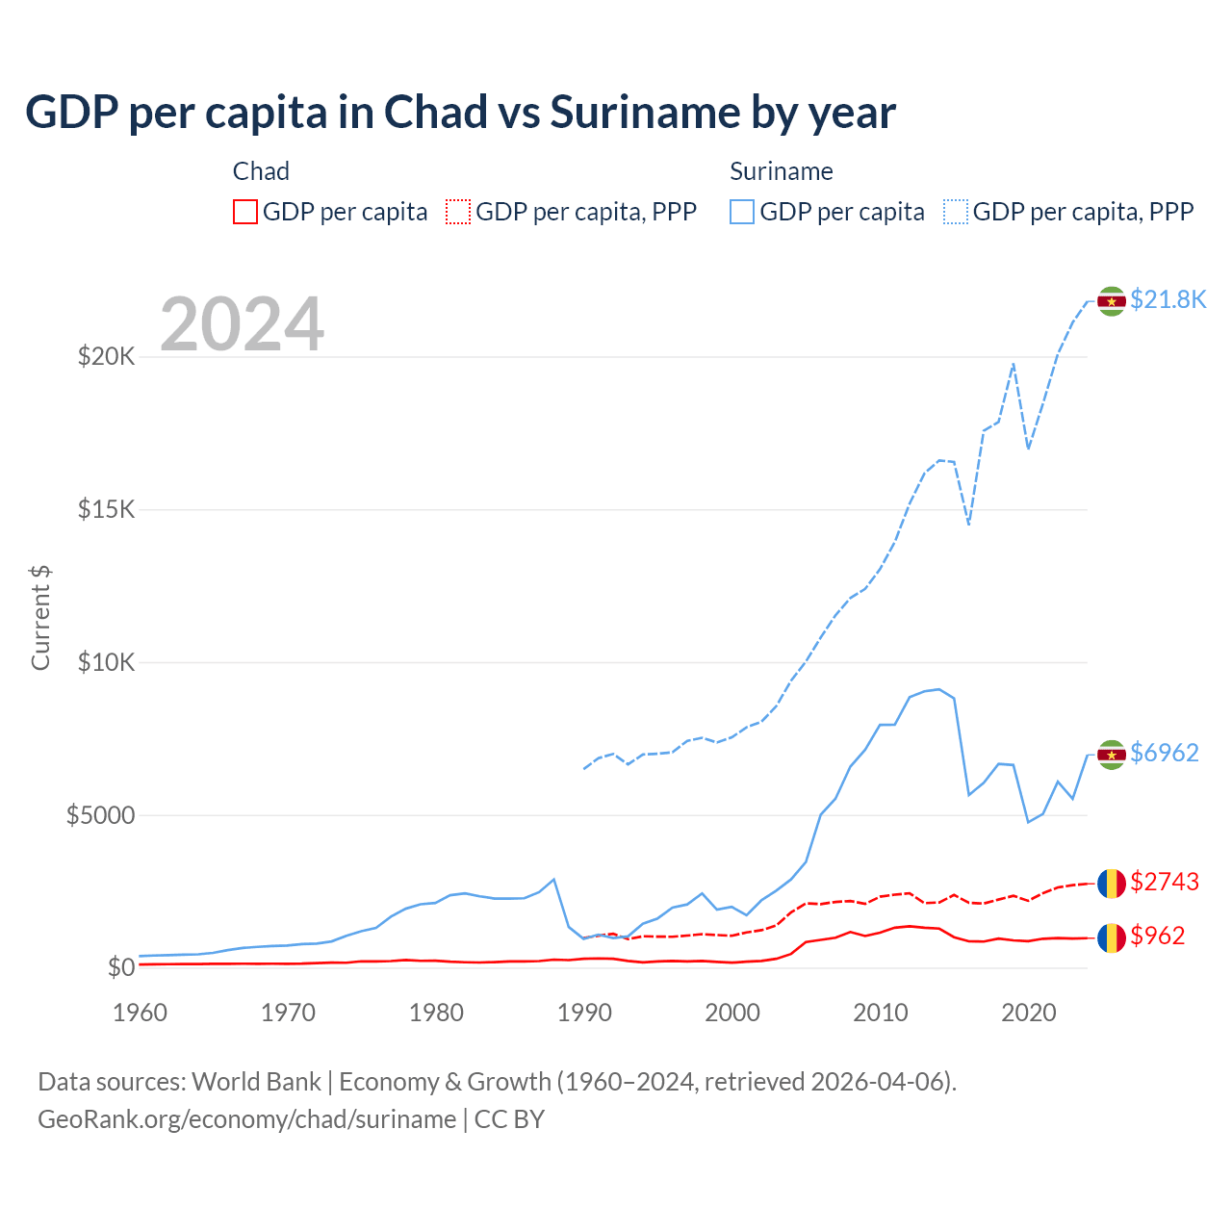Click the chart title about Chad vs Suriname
click(x=460, y=113)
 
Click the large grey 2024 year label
click(x=242, y=324)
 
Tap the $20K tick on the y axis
click(x=107, y=357)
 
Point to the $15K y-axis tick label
click(x=107, y=509)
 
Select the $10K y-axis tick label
click(x=107, y=662)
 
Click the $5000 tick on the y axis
click(x=101, y=815)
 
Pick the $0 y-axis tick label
click(x=120, y=967)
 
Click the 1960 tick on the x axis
click(x=141, y=1013)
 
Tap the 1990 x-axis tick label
click(x=584, y=1013)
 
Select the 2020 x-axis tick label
click(x=1029, y=1013)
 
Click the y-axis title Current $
click(x=40, y=617)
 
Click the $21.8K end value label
click(x=1168, y=299)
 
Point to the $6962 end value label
click(x=1165, y=753)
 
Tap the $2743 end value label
click(x=1165, y=882)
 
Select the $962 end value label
click(x=1158, y=936)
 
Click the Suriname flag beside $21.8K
click(x=1112, y=301)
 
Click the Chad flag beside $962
click(x=1112, y=937)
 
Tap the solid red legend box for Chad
click(x=245, y=212)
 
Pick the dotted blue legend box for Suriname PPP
click(x=956, y=212)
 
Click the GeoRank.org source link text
click(x=247, y=1119)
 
